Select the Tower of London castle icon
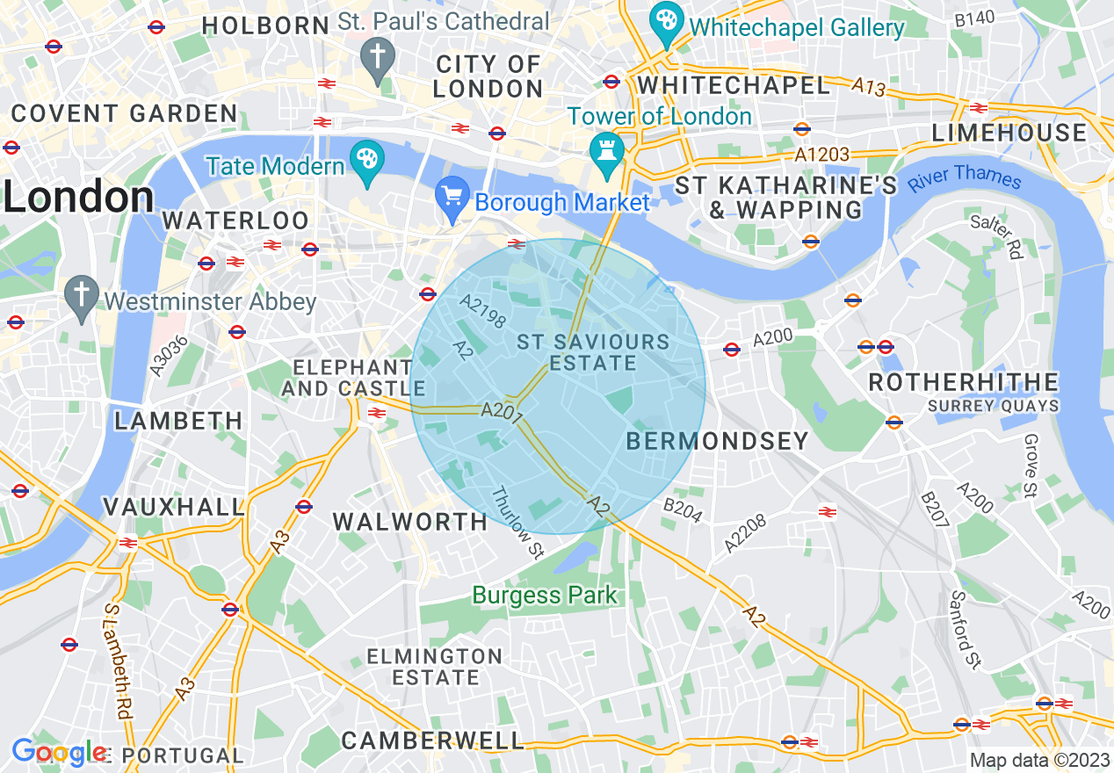click(606, 148)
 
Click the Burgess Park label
click(545, 596)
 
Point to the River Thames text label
click(965, 177)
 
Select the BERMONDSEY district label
click(717, 441)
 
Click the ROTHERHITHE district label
click(963, 382)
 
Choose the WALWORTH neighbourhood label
click(409, 522)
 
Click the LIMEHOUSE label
click(1009, 133)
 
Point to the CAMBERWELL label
click(432, 740)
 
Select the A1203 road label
click(821, 155)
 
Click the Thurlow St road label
click(518, 524)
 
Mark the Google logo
click(60, 752)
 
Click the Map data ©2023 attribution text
click(1039, 759)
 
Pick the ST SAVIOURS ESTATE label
click(592, 352)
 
